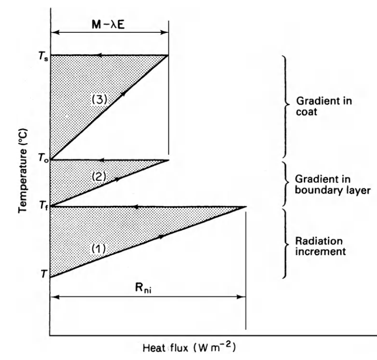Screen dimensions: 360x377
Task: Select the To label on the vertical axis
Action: click(x=41, y=159)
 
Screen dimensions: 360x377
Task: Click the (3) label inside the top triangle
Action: click(x=99, y=99)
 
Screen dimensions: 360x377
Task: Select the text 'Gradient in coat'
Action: click(x=313, y=105)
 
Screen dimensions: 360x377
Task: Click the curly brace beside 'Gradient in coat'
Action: click(x=286, y=105)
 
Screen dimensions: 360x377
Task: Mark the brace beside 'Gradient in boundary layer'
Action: click(x=286, y=184)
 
